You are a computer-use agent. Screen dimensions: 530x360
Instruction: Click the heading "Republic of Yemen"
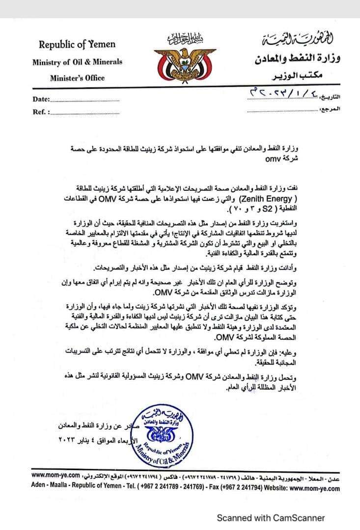pyautogui.click(x=77, y=45)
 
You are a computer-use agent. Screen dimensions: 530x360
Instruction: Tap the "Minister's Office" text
pyautogui.click(x=77, y=78)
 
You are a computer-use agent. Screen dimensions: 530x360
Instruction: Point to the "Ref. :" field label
pyautogui.click(x=41, y=112)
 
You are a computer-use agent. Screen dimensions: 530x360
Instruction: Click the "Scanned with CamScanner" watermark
pyautogui.click(x=271, y=517)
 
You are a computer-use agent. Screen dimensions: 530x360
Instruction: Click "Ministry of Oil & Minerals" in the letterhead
pyautogui.click(x=77, y=62)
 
